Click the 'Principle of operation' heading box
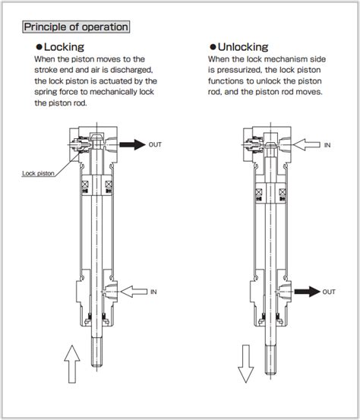tap(75, 27)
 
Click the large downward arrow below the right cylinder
tap(245, 363)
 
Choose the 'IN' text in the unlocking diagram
tap(327, 144)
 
